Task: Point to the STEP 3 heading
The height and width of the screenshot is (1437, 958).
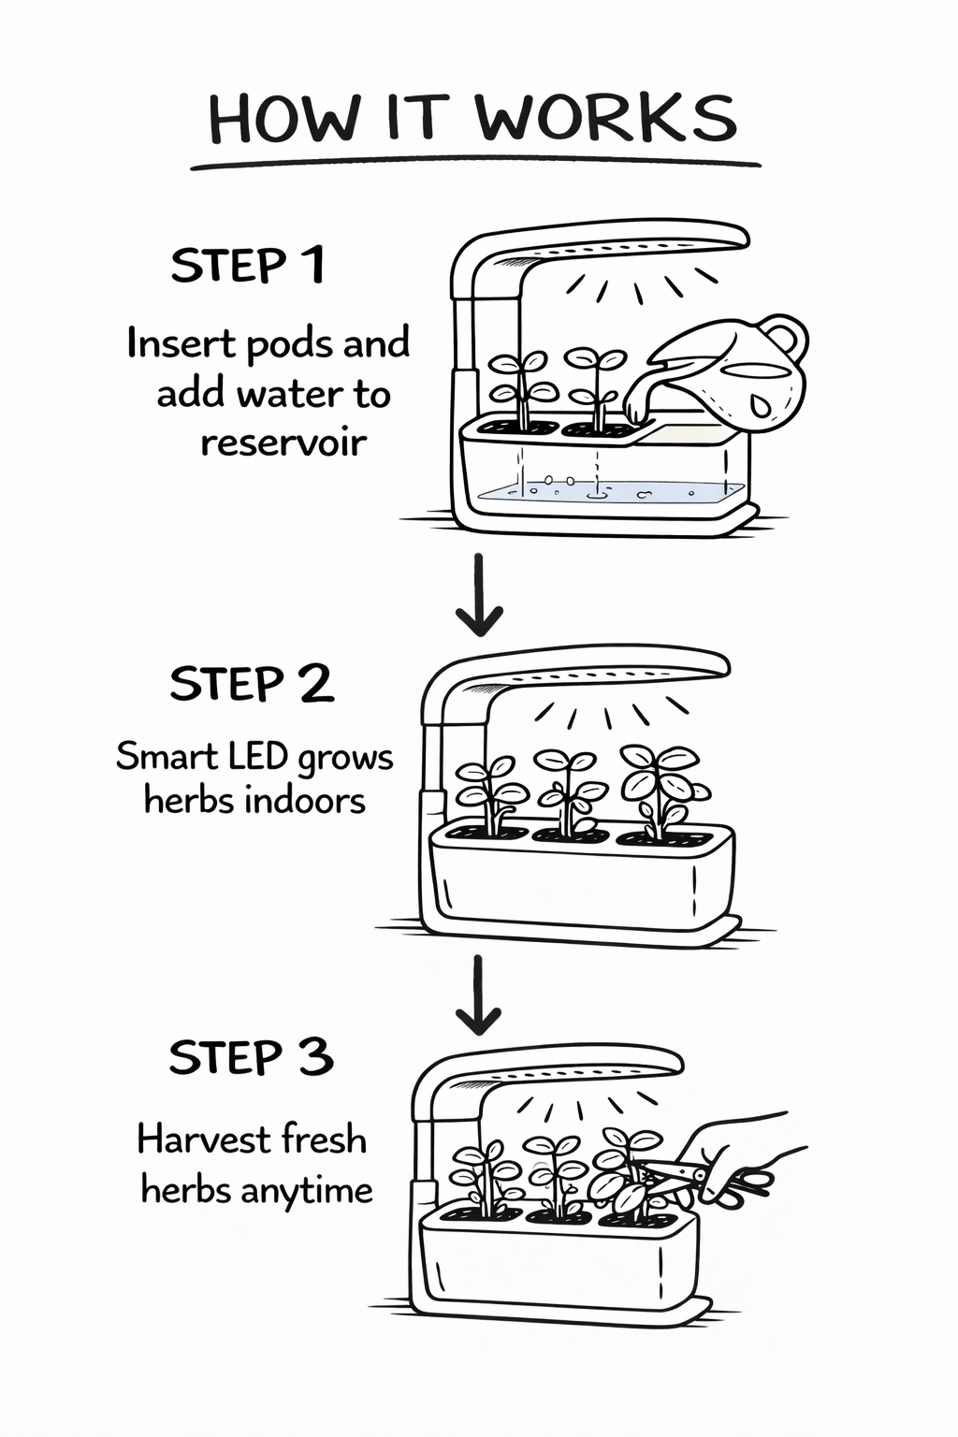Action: (251, 1057)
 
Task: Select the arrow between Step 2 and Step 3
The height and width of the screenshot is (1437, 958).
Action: (478, 994)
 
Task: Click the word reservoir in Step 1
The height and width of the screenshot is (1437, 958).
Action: (283, 443)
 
